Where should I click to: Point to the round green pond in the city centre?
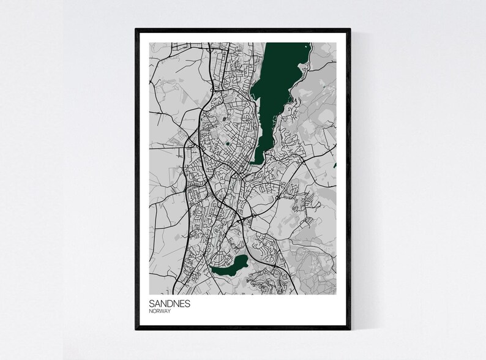(x=228, y=144)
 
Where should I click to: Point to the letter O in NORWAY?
(x=154, y=311)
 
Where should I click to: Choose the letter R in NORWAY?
(x=157, y=311)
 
